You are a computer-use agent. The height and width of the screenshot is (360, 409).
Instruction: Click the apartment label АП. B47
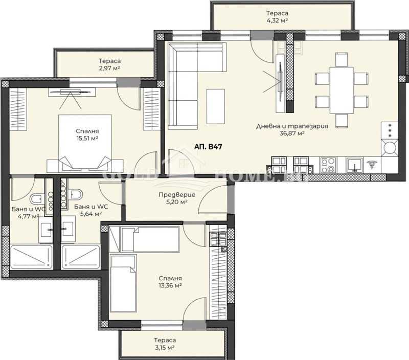pyautogui.click(x=208, y=146)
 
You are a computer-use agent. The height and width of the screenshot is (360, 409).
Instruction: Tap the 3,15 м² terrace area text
pyautogui.click(x=165, y=348)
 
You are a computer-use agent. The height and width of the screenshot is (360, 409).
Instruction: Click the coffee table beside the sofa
pyautogui.click(x=215, y=106)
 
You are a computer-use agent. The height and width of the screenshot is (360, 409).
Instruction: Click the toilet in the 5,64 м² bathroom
pyautogui.click(x=76, y=195)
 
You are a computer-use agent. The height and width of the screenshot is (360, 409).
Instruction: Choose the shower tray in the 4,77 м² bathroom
pyautogui.click(x=31, y=257)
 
